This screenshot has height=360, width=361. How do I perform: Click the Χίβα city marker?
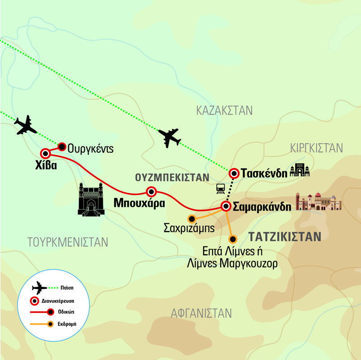(45, 153)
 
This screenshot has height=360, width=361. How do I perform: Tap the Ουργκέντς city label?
(90, 148)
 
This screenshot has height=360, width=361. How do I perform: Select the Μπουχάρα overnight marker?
(151, 192)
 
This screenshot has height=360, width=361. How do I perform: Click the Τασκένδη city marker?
(234, 173)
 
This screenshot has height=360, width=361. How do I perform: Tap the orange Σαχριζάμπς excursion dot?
(191, 220)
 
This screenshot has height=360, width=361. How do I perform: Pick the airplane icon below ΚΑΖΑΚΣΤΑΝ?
(170, 137)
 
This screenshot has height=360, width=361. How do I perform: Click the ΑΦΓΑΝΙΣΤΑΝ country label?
(201, 313)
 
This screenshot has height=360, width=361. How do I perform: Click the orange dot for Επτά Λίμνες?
(232, 239)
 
